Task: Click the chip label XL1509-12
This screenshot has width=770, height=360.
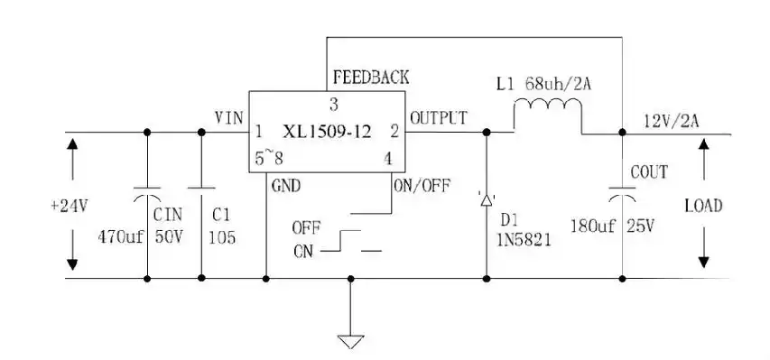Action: [x=327, y=131]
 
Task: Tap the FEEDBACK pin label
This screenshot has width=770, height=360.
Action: [x=370, y=77]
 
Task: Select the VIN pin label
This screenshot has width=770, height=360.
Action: [x=228, y=117]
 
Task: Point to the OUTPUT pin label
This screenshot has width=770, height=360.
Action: [x=439, y=117]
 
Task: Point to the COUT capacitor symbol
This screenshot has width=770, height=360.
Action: [x=622, y=191]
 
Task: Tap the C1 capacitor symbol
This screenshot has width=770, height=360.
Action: [x=201, y=191]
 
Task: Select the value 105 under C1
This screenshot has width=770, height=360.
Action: [x=220, y=238]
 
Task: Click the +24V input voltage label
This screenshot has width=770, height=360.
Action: [x=70, y=205]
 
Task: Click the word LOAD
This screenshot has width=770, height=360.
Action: [x=702, y=206]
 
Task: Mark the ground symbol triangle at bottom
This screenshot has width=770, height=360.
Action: [x=350, y=341]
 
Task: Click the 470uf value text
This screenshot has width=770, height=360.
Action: [x=121, y=238]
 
